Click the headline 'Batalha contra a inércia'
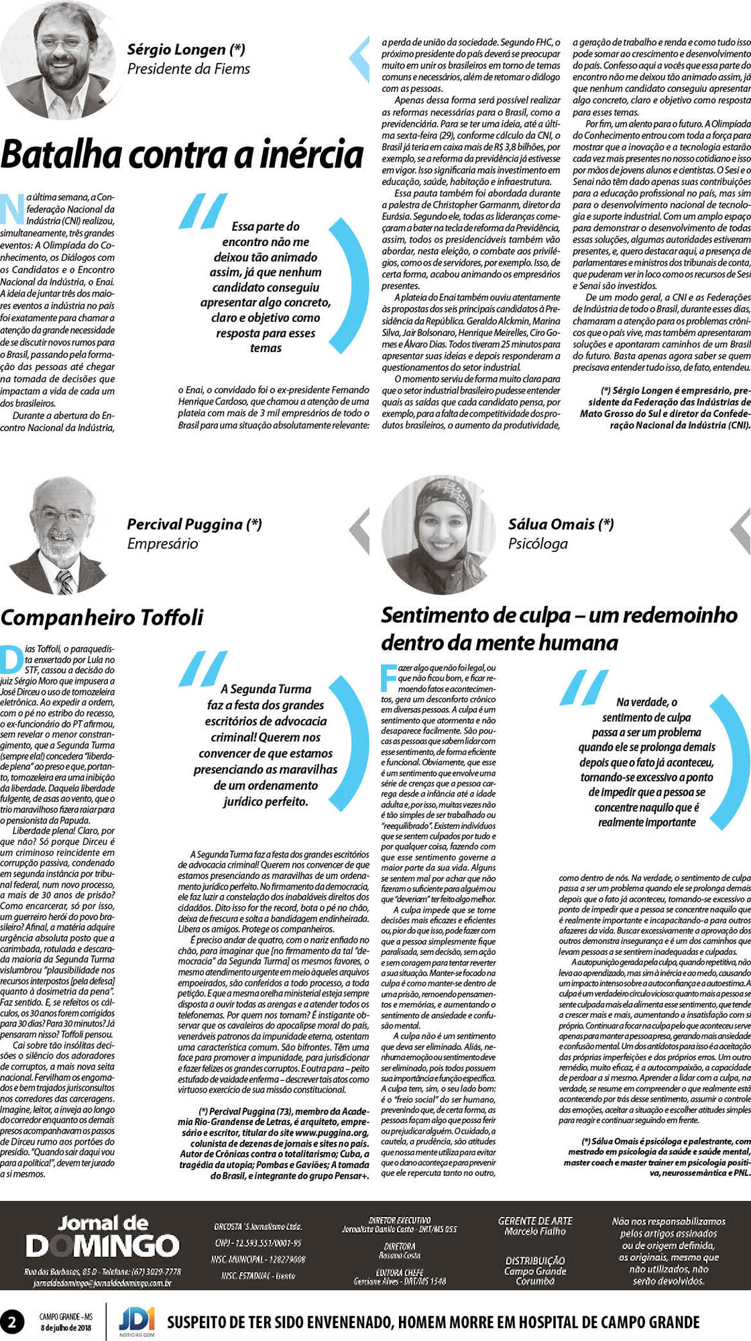click(182, 155)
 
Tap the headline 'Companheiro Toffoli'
click(102, 617)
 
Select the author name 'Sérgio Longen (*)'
click(186, 49)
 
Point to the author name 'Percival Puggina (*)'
click(194, 524)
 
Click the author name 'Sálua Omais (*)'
click(561, 524)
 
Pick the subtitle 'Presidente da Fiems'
click(188, 69)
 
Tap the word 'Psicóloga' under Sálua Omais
click(538, 544)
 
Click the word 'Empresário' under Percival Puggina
click(162, 544)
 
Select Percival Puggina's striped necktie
click(65, 582)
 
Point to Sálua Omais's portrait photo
click(440, 534)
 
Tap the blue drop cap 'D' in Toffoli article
click(11, 658)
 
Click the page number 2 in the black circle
click(12, 1322)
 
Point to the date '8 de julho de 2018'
click(66, 1328)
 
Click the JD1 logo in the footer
click(137, 1320)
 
